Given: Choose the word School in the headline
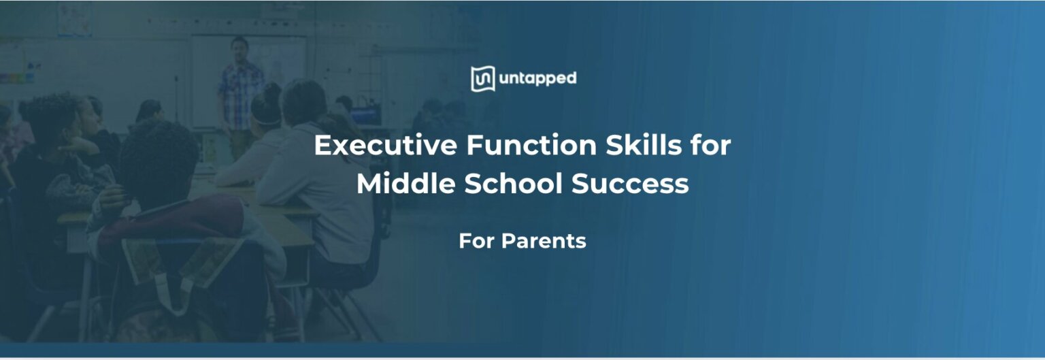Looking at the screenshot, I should pos(516,184).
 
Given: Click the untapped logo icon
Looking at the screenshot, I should pos(482,79).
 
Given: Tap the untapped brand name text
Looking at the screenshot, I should pos(537,79).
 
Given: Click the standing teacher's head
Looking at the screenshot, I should pos(239,48).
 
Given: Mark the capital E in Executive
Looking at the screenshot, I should pos(321,146).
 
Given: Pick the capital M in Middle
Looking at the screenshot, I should pos(368,184).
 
